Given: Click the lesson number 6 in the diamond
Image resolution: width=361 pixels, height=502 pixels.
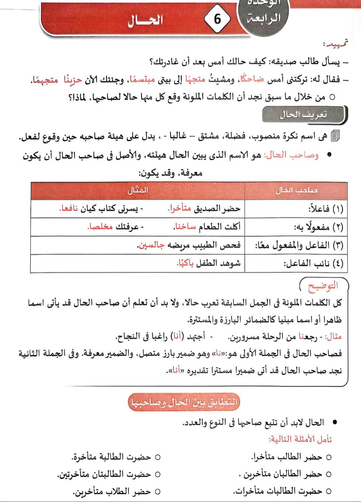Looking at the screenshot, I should [217, 19].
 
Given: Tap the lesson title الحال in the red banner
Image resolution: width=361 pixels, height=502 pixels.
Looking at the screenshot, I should [145, 20].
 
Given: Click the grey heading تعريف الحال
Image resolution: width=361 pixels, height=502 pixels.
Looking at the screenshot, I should [303, 115].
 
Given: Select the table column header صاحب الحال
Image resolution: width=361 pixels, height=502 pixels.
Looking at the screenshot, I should [296, 191].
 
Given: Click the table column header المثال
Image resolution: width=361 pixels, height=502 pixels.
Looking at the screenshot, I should [138, 191].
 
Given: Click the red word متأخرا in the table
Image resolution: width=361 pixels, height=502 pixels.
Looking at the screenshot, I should [179, 209].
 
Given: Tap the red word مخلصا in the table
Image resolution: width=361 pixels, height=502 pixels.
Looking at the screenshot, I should [100, 227].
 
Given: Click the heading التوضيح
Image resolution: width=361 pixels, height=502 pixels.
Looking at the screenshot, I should [323, 285].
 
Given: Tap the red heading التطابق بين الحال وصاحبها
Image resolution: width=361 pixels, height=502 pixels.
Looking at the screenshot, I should [184, 402].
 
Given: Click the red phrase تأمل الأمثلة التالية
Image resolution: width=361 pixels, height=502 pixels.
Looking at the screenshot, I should [300, 439].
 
